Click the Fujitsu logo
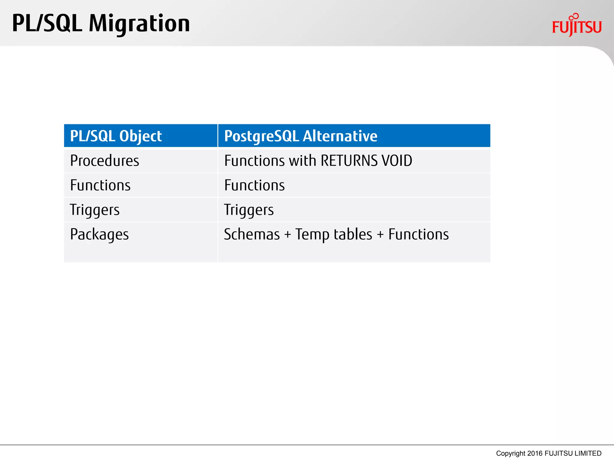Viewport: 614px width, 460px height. [x=577, y=26]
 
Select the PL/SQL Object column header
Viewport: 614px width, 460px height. [x=116, y=136]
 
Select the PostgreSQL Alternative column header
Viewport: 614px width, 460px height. [x=300, y=136]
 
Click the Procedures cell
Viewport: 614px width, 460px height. [x=104, y=161]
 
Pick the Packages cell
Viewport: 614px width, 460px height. [x=99, y=234]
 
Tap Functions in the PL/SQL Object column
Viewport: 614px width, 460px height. [x=100, y=185]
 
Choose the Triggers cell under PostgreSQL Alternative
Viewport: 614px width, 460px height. [x=249, y=210]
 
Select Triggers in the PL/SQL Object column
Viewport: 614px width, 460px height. [x=94, y=210]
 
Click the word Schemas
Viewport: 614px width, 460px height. [x=252, y=234]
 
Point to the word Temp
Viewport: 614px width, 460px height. [x=312, y=234]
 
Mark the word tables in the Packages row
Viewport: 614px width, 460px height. [x=353, y=234]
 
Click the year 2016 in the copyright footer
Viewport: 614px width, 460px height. [x=535, y=453]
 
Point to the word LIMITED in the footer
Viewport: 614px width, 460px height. [x=588, y=453]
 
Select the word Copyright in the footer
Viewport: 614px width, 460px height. [x=511, y=453]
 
